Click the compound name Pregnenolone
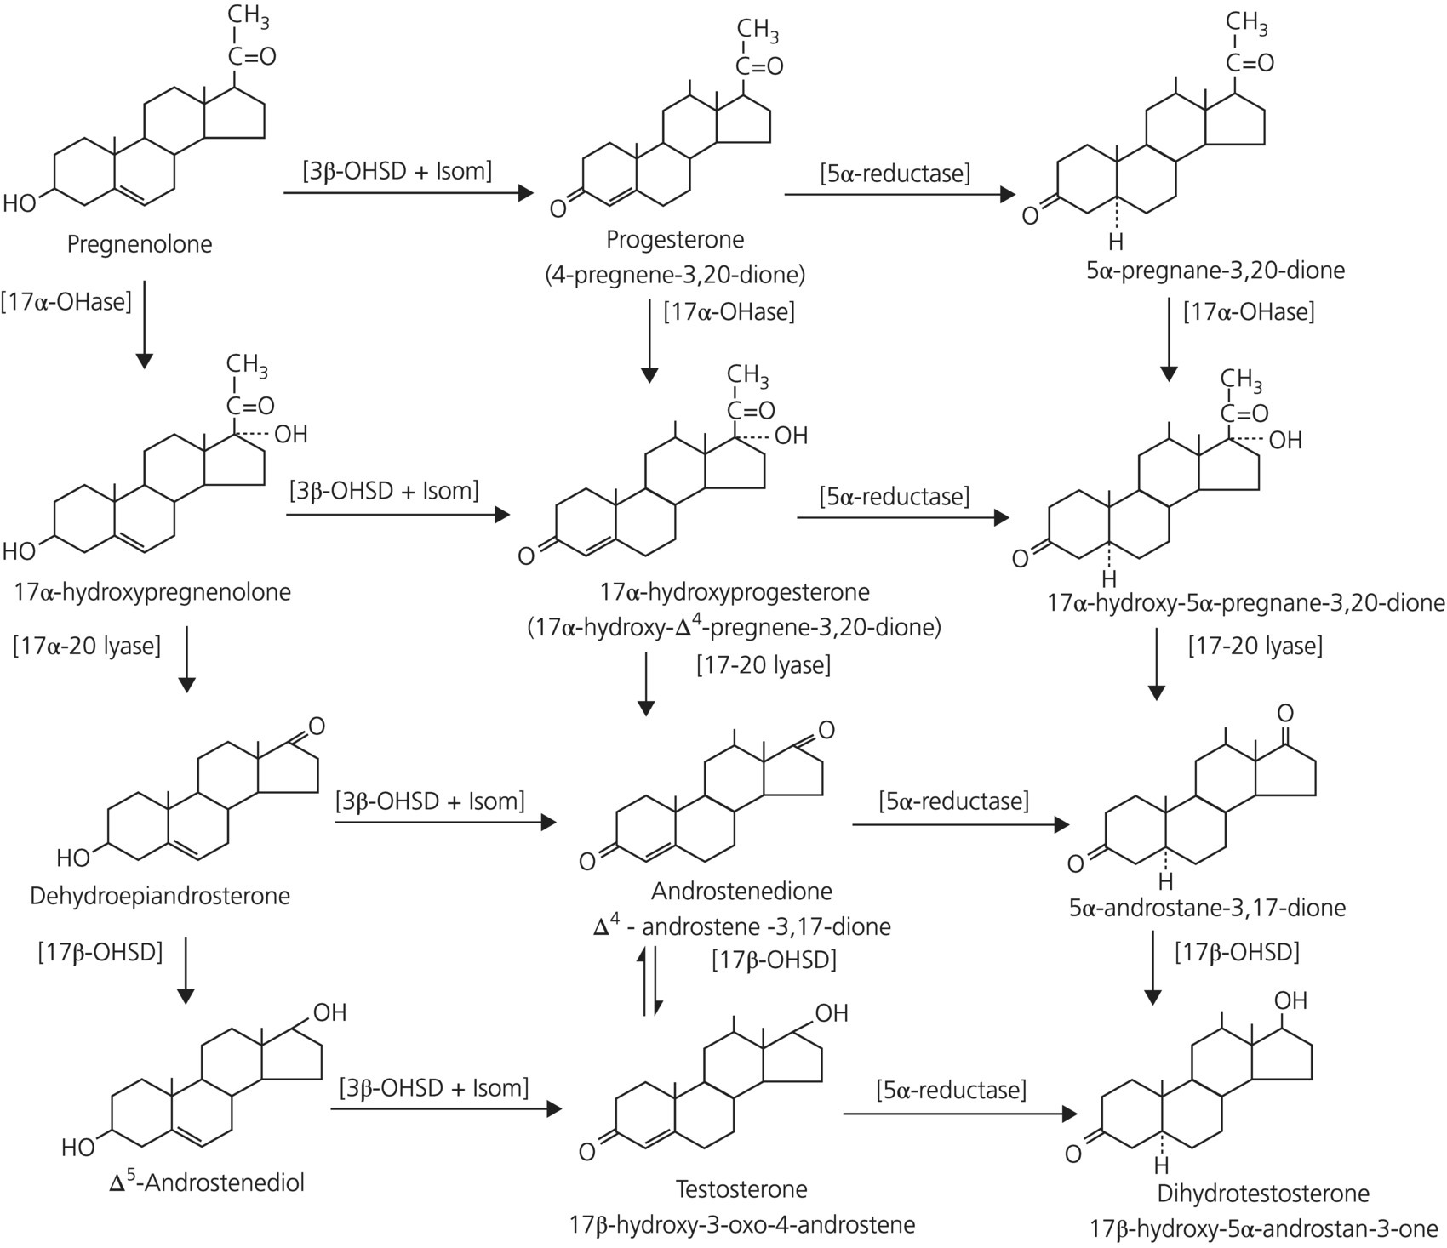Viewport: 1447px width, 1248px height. pyautogui.click(x=140, y=245)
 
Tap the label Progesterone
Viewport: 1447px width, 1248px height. pyautogui.click(x=675, y=239)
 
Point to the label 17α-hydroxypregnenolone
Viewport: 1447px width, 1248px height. pyautogui.click(x=152, y=591)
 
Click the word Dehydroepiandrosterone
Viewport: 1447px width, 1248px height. pyautogui.click(x=160, y=896)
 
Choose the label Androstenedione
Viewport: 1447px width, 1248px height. pyautogui.click(x=741, y=891)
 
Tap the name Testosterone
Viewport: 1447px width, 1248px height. pyautogui.click(x=741, y=1188)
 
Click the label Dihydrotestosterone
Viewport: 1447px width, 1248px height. pyautogui.click(x=1263, y=1194)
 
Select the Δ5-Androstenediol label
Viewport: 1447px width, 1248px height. pyautogui.click(x=207, y=1182)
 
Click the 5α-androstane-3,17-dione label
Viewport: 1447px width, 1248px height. pyautogui.click(x=1208, y=908)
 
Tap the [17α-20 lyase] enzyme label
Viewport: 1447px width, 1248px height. pyautogui.click(x=87, y=646)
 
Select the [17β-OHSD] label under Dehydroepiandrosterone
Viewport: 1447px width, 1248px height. pyautogui.click(x=100, y=951)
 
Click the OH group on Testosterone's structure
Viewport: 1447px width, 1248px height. pyautogui.click(x=832, y=1012)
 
